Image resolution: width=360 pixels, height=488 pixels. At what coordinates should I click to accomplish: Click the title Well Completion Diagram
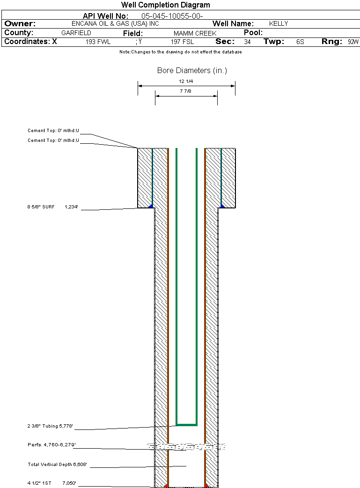[x=166, y=5]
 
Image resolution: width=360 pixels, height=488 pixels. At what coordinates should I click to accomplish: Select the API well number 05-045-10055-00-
[x=172, y=16]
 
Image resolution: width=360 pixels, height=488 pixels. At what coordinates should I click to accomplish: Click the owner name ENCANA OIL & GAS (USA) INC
[x=115, y=24]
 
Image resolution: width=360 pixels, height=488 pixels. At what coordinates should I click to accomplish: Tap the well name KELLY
[x=279, y=24]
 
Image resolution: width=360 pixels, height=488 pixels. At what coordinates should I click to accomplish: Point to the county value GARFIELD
[x=76, y=33]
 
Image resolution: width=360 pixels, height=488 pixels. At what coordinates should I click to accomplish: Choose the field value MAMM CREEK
[x=195, y=33]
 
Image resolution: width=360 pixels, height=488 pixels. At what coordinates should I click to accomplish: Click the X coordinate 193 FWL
[x=98, y=42]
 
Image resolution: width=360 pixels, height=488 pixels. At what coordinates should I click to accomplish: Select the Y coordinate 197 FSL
[x=182, y=42]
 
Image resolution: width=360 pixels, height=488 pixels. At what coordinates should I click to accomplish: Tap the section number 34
[x=247, y=42]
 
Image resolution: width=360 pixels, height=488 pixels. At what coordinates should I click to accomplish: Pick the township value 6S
[x=300, y=42]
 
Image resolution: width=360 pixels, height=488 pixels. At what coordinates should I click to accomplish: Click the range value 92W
[x=353, y=42]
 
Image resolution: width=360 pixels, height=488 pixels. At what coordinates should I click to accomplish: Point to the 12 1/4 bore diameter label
[x=186, y=81]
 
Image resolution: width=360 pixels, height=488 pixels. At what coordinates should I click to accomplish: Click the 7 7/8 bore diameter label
[x=185, y=91]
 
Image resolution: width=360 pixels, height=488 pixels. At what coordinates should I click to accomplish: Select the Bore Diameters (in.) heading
[x=192, y=71]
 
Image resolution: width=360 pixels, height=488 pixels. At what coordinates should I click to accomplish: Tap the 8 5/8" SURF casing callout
[x=52, y=207]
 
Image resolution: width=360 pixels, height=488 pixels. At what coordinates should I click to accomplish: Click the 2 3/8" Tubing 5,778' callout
[x=50, y=426]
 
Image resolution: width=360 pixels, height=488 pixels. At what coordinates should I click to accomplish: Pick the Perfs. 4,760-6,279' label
[x=51, y=445]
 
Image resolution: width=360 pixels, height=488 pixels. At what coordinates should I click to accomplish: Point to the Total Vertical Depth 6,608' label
[x=57, y=464]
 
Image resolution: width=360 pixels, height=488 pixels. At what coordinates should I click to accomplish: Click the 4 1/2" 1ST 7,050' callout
[x=51, y=483]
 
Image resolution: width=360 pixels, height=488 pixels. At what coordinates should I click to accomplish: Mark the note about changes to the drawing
[x=180, y=52]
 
